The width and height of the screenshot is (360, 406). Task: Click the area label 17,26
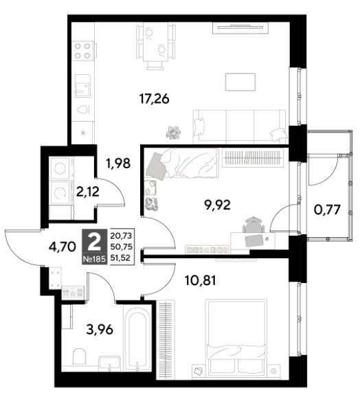pyautogui.click(x=154, y=99)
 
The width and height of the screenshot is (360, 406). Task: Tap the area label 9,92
pyautogui.click(x=217, y=205)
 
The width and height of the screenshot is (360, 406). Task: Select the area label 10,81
pyautogui.click(x=200, y=280)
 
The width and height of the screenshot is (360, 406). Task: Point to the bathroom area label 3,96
pyautogui.click(x=100, y=330)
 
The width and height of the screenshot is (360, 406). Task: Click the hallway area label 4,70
pyautogui.click(x=62, y=247)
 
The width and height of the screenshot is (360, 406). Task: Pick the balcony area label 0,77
pyautogui.click(x=327, y=210)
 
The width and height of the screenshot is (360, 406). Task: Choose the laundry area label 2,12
pyautogui.click(x=87, y=192)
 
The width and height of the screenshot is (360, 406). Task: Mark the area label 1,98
pyautogui.click(x=118, y=163)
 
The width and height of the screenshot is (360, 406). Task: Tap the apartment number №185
pyautogui.click(x=94, y=259)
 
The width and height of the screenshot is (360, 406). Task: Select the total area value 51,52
pyautogui.click(x=121, y=258)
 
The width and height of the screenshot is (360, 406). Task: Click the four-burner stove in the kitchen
pyautogui.click(x=82, y=51)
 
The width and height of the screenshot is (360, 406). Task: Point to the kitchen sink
pyautogui.click(x=83, y=86)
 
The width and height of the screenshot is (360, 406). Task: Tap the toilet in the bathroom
pyautogui.click(x=79, y=357)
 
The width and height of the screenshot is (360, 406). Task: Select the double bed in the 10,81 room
pyautogui.click(x=236, y=339)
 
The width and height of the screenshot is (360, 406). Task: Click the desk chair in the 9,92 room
pyautogui.click(x=254, y=225)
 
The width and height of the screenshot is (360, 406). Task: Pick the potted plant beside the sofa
pyautogui.click(x=174, y=133)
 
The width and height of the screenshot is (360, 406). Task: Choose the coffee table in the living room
pyautogui.click(x=240, y=82)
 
